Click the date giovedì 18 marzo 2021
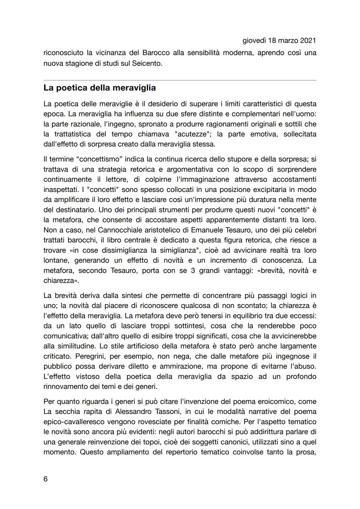pyautogui.click(x=279, y=41)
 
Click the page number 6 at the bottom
pyautogui.click(x=46, y=479)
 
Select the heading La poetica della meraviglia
pyautogui.click(x=100, y=88)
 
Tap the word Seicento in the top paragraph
pyautogui.click(x=146, y=63)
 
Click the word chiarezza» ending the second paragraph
pyautogui.click(x=61, y=281)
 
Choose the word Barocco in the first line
pyautogui.click(x=156, y=53)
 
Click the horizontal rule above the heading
pyautogui.click(x=180, y=80)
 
